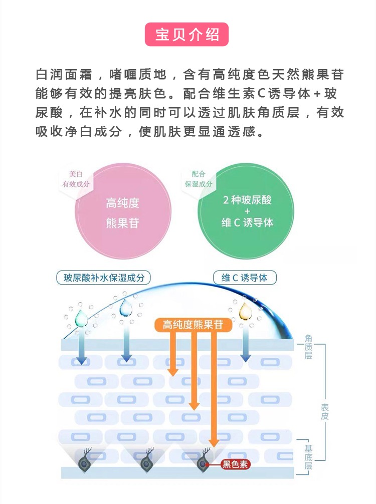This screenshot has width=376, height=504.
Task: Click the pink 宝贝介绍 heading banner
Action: coord(186,35)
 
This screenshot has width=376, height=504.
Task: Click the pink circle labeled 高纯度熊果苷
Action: coord(123,212)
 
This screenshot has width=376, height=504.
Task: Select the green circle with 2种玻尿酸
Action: coord(246,211)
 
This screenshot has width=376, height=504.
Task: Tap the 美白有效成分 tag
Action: coord(76,179)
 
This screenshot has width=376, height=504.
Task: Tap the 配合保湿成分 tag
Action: coord(199,179)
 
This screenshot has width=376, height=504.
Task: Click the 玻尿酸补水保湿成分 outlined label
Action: coord(104,278)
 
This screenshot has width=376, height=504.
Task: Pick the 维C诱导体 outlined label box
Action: coord(245,278)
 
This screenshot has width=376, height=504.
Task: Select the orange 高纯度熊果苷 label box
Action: coord(193,325)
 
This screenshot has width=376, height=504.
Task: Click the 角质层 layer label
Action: coord(308,347)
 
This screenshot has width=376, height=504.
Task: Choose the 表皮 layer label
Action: coord(324,412)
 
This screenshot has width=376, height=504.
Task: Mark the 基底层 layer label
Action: coord(308,457)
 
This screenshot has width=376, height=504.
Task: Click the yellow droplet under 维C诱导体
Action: coord(245,311)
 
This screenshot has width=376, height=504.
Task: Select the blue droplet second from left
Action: coord(126,308)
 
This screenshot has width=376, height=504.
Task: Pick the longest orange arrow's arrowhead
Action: coord(213,443)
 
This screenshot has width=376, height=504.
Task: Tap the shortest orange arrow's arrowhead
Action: coord(173,372)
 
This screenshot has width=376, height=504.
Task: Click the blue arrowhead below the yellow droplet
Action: coord(246,358)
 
